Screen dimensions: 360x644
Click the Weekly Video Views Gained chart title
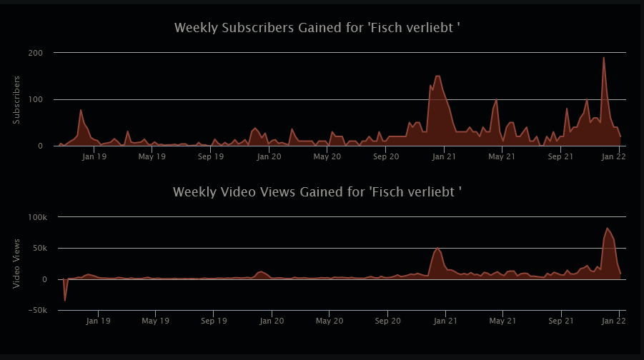click(x=317, y=192)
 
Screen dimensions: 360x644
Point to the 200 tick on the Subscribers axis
click(x=36, y=53)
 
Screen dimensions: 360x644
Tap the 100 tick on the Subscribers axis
click(x=36, y=99)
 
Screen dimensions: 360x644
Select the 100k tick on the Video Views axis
click(x=36, y=217)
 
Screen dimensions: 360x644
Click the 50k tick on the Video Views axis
click(x=39, y=249)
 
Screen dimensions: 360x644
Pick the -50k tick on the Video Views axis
click(x=37, y=311)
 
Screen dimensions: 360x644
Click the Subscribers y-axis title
click(x=16, y=99)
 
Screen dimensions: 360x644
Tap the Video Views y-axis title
click(x=16, y=264)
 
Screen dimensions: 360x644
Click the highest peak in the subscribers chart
click(x=604, y=58)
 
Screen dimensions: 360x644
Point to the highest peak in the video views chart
click(x=608, y=229)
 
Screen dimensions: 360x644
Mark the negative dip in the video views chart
click(x=65, y=301)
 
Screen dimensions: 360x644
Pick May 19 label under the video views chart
click(x=155, y=321)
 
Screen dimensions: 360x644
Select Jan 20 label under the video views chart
click(x=272, y=321)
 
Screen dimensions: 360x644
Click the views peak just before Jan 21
click(x=437, y=248)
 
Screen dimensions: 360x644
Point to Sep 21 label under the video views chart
click(x=561, y=321)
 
